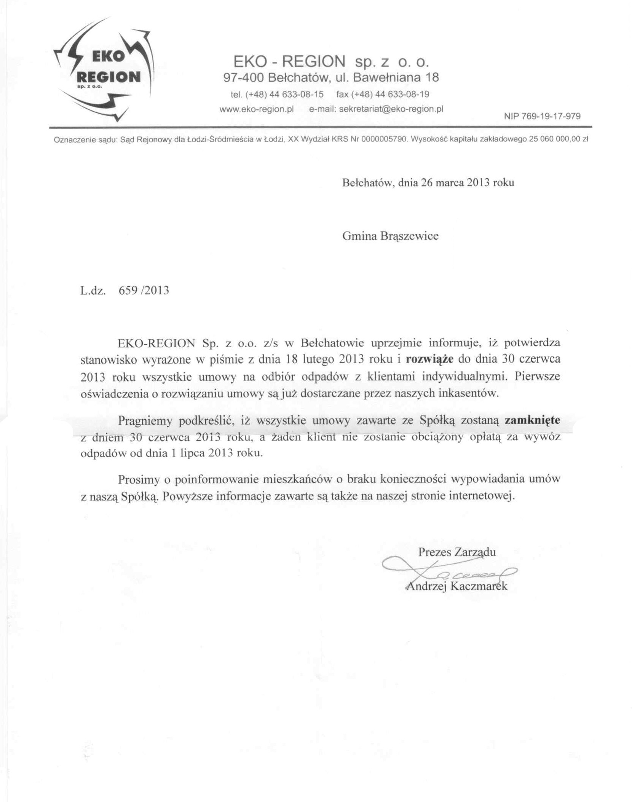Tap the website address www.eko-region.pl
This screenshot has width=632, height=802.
257,109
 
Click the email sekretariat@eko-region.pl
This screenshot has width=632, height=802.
391,109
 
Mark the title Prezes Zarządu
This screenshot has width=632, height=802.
457,552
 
